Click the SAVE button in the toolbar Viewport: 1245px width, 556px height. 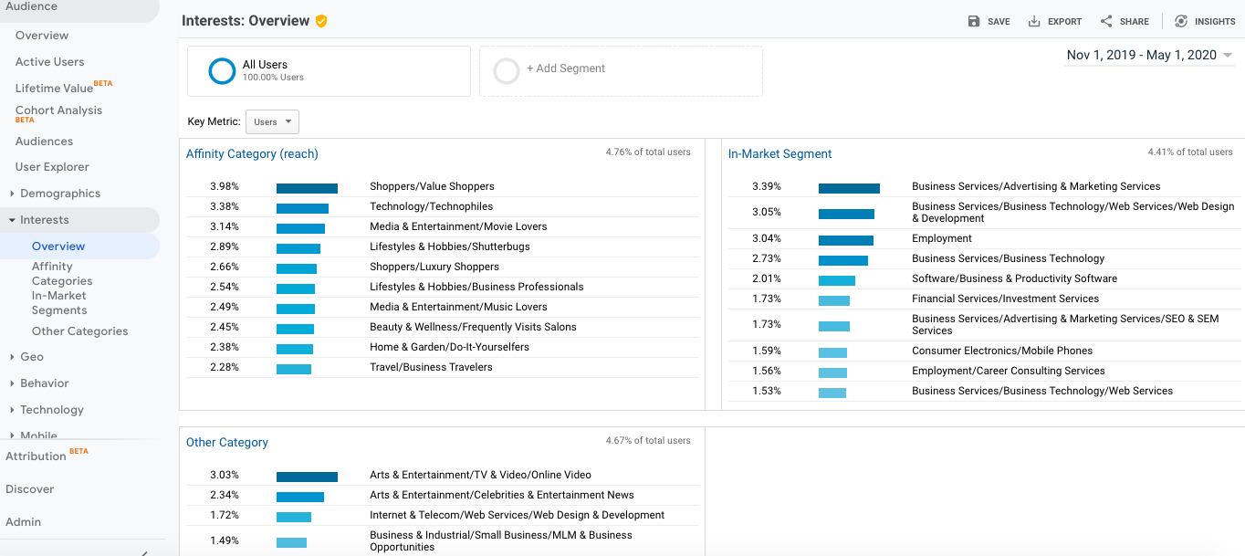989,21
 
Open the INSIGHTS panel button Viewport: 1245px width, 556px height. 1205,21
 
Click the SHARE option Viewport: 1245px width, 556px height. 1125,21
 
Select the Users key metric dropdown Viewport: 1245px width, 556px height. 271,121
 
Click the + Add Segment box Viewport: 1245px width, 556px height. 621,70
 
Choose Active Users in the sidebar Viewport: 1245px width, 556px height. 50,62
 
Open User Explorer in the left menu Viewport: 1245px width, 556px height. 52,167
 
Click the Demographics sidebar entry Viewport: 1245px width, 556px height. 59,194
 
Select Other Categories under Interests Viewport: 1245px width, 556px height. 79,331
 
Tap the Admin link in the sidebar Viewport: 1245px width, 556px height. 23,522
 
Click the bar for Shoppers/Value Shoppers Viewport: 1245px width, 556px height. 307,188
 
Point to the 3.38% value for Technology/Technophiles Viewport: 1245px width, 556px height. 225,206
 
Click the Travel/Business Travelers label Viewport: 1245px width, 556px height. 431,367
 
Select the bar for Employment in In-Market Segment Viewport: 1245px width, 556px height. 845,240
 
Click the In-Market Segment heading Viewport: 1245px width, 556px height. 779,154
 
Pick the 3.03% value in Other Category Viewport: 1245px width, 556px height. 225,475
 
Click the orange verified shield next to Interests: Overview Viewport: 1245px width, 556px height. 321,21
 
